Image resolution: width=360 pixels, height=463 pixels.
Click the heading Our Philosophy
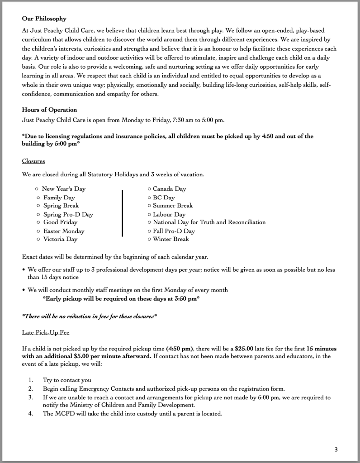44,19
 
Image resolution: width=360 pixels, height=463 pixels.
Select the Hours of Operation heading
49,110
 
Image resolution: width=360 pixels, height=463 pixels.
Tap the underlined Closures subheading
33,161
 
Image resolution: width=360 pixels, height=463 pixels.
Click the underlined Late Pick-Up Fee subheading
45,332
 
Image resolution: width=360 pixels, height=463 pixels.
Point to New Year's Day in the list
63,189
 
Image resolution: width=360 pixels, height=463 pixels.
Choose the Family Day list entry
59,198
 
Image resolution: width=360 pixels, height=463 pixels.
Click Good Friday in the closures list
60,222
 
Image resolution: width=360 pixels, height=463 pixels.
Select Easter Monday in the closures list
64,231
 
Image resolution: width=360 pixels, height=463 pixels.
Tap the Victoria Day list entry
60,239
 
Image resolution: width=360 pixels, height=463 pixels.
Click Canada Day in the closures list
169,189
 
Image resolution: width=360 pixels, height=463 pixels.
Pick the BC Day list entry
164,198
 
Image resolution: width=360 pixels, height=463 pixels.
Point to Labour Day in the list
169,214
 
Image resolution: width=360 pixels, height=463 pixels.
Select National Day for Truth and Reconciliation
209,222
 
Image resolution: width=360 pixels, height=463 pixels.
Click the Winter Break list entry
171,239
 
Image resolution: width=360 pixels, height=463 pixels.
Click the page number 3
336,449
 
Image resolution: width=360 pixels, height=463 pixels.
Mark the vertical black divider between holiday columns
122,213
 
